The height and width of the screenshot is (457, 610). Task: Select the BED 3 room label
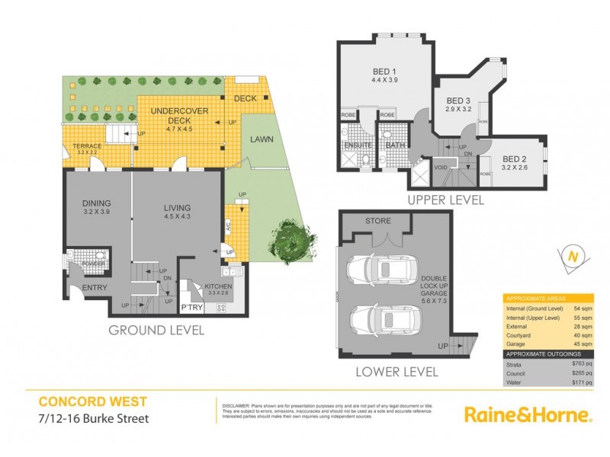pos(458,101)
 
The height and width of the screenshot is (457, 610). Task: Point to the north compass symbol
pos(570,257)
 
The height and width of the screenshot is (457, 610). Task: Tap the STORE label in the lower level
pos(377,221)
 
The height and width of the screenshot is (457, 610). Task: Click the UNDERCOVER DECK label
pos(179,111)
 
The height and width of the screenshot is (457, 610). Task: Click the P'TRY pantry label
pos(190,308)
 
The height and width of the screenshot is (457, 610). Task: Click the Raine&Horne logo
pos(528,414)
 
